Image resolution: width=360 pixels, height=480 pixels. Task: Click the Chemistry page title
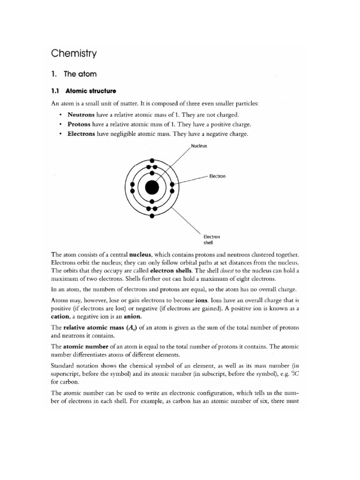74,53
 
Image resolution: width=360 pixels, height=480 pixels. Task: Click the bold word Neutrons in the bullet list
81,114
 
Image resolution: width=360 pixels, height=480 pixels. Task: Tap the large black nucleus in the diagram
152,187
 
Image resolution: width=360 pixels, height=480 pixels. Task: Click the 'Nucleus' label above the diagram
199,146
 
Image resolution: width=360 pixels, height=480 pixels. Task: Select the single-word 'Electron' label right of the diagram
217,176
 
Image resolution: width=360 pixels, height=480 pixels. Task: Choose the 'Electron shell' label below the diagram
208,240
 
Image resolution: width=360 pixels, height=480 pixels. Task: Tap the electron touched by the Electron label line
172,184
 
